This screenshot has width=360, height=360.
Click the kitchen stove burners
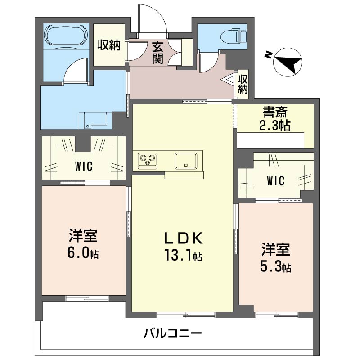click(x=148, y=160)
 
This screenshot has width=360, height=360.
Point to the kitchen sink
click(x=184, y=160)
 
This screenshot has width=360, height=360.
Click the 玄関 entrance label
click(x=157, y=53)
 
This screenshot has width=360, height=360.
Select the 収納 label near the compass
click(x=243, y=84)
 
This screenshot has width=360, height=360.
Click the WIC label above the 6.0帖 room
click(x=84, y=166)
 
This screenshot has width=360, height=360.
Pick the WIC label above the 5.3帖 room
click(x=275, y=181)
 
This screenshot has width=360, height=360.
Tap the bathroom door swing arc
click(x=73, y=71)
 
